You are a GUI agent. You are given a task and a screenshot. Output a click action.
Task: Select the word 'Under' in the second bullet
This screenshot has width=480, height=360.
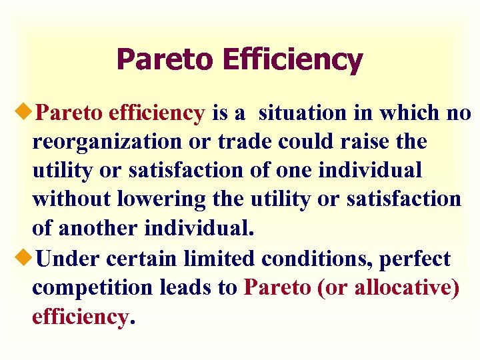tap(65, 258)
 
